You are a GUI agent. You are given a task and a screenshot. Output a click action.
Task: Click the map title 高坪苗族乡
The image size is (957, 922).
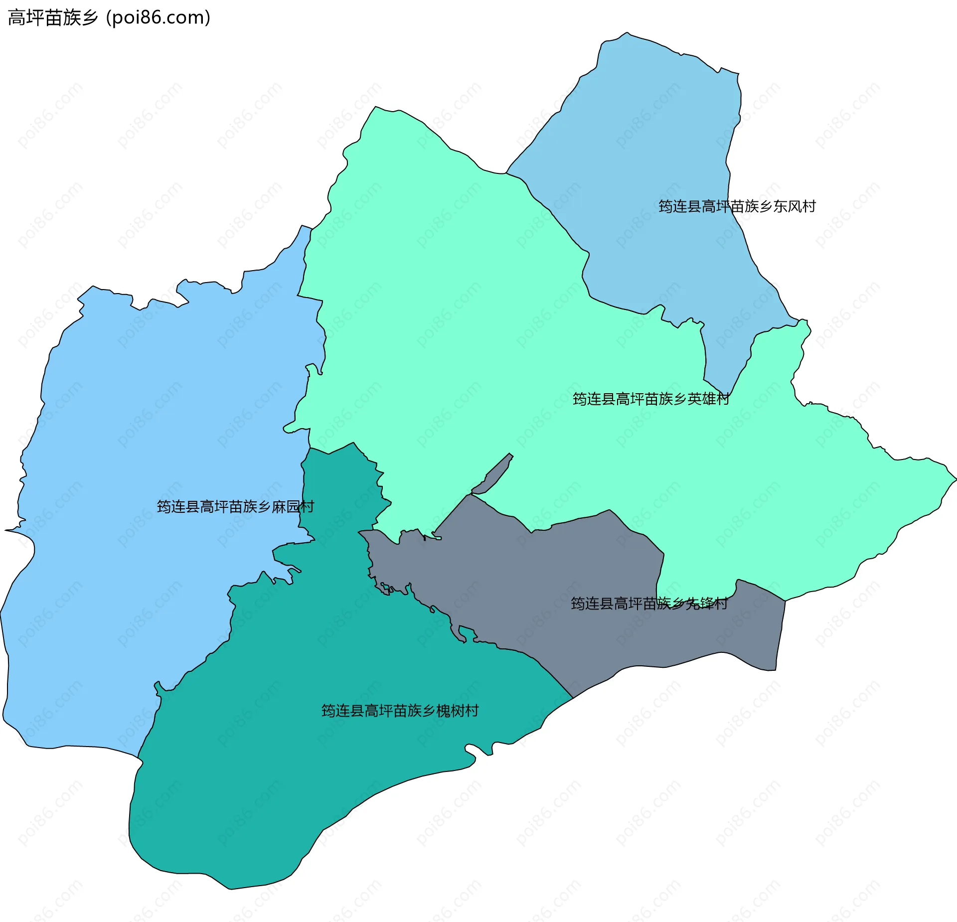[x=53, y=18]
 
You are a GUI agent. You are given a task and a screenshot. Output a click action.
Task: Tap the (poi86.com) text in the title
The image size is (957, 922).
[x=158, y=18]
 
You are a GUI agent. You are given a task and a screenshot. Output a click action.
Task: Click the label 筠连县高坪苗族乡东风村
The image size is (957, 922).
[x=737, y=206]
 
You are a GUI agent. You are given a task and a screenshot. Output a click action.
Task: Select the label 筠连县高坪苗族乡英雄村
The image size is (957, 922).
[x=651, y=399]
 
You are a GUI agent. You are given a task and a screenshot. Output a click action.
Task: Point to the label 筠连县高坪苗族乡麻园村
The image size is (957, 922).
[x=235, y=507]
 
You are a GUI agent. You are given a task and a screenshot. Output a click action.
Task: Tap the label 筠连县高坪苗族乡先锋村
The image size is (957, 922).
[x=649, y=604]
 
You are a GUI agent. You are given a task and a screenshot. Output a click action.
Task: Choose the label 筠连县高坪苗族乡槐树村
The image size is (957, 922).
[x=400, y=711]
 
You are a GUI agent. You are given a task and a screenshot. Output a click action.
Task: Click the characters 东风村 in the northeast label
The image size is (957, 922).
[x=795, y=206]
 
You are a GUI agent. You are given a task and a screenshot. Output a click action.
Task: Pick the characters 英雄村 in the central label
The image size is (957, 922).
[x=709, y=399]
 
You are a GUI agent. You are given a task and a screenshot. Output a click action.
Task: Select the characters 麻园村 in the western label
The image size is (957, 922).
[x=293, y=507]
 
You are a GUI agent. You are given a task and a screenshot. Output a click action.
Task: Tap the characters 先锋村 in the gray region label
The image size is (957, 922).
[x=707, y=604]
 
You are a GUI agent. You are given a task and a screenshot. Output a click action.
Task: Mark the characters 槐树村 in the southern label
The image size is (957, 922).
[x=458, y=711]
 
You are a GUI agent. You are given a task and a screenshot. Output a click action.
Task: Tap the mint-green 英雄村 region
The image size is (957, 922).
[x=449, y=324]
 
